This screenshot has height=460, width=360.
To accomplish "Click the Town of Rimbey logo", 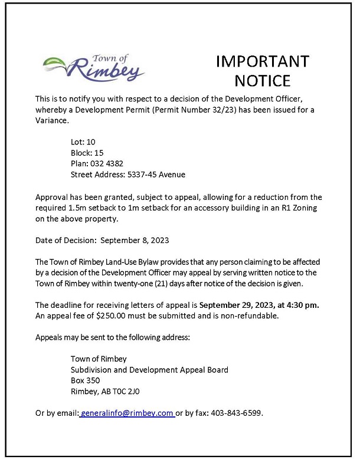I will tap(94, 67).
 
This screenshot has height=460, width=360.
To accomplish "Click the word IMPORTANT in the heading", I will tap(263, 61).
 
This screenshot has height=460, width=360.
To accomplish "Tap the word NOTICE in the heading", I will tap(263, 80).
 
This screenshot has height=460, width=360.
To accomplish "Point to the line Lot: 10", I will tap(83, 142).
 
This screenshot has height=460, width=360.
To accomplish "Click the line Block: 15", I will tap(87, 153).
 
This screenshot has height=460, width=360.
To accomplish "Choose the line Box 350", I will tap(85, 380).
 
